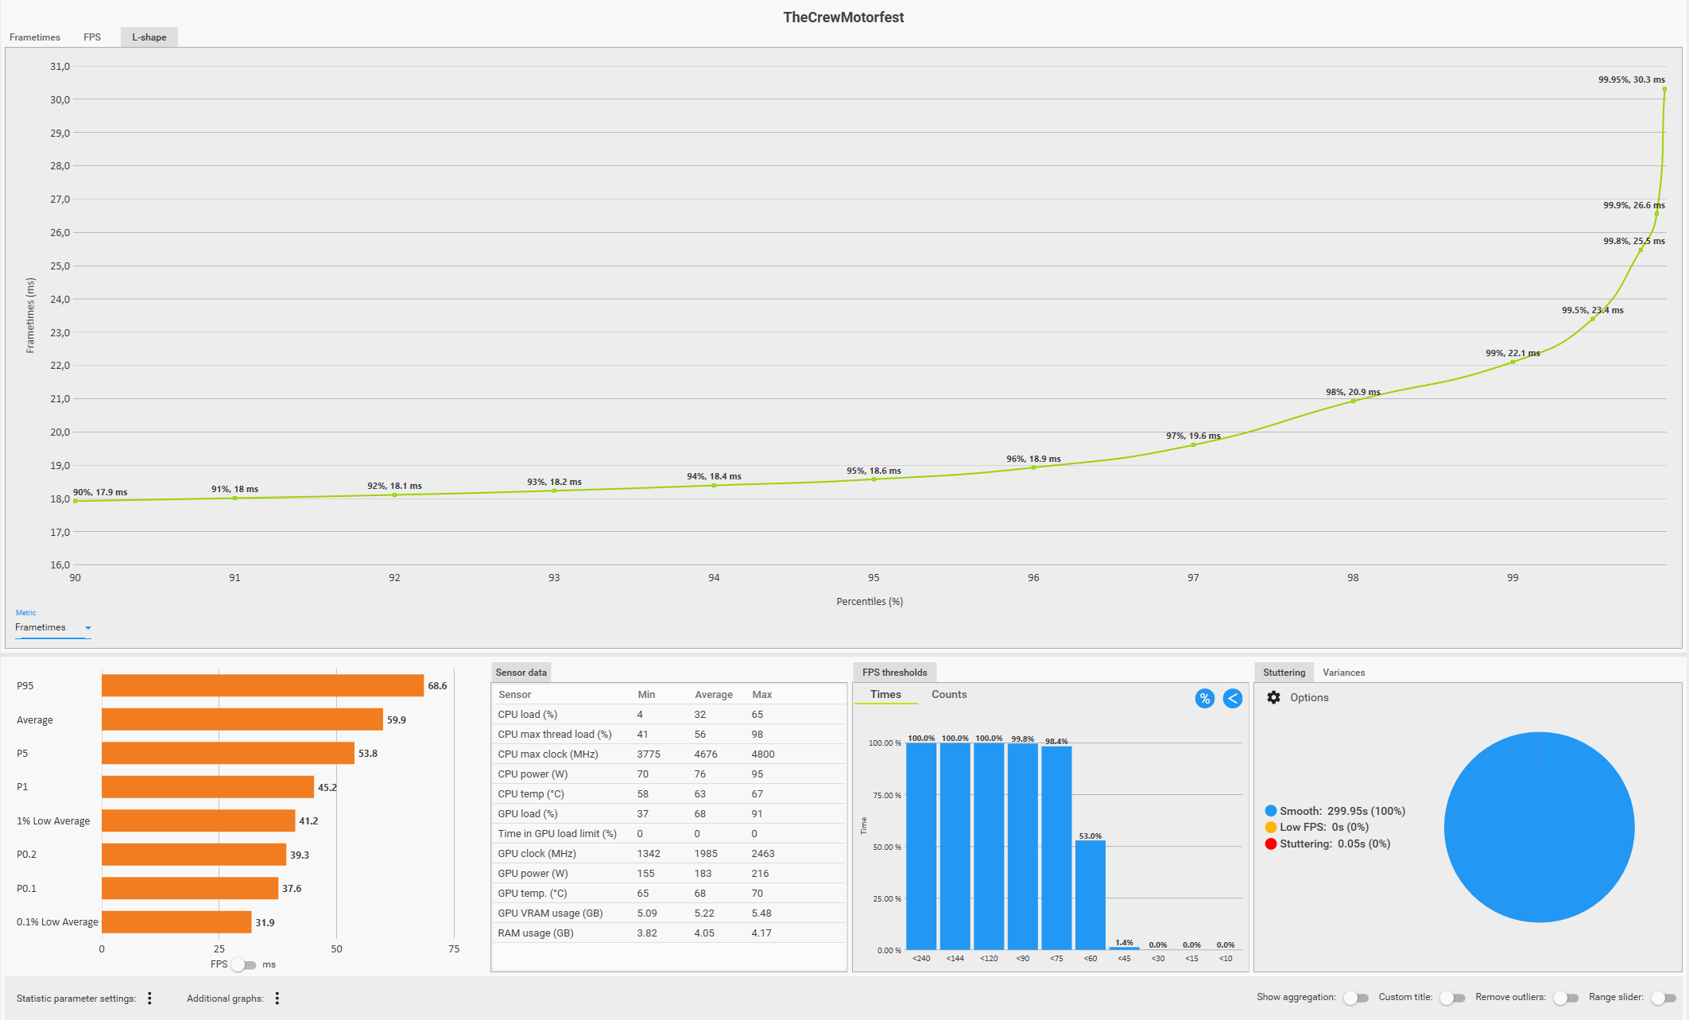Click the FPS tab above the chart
click(x=92, y=37)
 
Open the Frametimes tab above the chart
click(x=35, y=37)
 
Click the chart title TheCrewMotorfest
click(x=843, y=17)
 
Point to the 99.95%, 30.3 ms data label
click(x=1631, y=80)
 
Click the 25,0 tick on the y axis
click(x=60, y=266)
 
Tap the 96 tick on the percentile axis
click(x=1033, y=578)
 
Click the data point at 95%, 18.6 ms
click(x=874, y=479)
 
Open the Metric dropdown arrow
click(x=88, y=628)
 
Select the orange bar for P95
click(x=262, y=685)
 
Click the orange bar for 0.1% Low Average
click(x=176, y=922)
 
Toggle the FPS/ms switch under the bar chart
click(x=244, y=965)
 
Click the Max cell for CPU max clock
click(x=762, y=754)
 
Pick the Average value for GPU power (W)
click(x=703, y=874)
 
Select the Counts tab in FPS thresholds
click(x=949, y=695)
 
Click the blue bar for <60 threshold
click(x=1090, y=894)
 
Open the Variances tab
click(x=1343, y=673)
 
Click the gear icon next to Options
click(x=1273, y=697)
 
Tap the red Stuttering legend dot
click(x=1271, y=844)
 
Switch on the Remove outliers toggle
click(x=1566, y=998)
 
